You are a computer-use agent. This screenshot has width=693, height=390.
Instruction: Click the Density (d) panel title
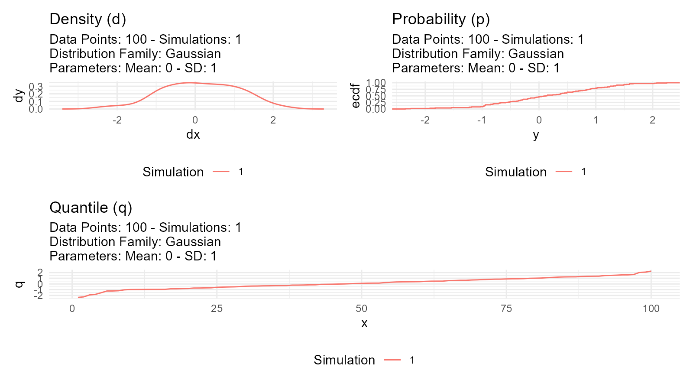click(x=87, y=19)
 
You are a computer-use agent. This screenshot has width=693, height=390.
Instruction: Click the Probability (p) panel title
click(x=440, y=19)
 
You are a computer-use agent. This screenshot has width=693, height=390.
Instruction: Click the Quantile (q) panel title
click(x=91, y=208)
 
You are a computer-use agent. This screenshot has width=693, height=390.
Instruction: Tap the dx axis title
click(x=193, y=135)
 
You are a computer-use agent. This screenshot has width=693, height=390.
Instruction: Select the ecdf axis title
click(x=356, y=96)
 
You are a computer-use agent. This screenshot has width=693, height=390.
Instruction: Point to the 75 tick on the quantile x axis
click(x=506, y=309)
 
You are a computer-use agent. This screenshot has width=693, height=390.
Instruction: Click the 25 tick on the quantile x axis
click(x=217, y=309)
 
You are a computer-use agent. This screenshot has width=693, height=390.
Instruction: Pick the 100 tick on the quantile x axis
click(x=651, y=309)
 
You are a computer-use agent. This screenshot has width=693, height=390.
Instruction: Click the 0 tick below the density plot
click(x=195, y=120)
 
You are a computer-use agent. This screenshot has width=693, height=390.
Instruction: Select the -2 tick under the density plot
click(x=117, y=120)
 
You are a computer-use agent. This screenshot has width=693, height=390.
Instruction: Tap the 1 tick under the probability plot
click(x=596, y=120)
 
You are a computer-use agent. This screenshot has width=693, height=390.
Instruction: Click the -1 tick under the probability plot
click(x=481, y=120)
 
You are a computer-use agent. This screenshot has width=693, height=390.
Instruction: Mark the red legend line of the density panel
click(x=221, y=172)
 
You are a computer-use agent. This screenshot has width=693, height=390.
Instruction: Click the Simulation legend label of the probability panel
click(x=515, y=172)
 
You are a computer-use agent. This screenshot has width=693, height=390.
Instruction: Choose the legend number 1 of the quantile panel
click(x=412, y=360)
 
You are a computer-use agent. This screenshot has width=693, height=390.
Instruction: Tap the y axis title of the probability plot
click(x=536, y=135)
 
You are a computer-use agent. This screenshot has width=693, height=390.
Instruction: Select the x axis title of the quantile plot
click(x=364, y=323)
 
